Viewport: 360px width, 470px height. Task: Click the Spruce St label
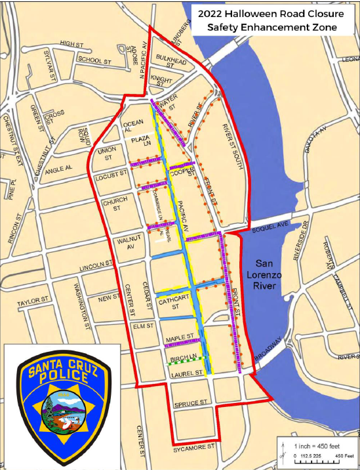191,402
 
